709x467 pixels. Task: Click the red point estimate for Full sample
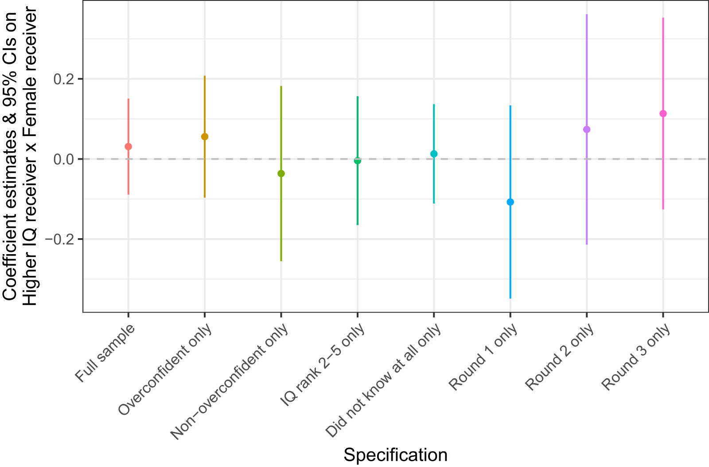tap(129, 146)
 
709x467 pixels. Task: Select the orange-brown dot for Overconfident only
tap(205, 137)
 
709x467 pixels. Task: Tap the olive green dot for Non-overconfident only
tap(281, 173)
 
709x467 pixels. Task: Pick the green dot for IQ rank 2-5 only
tap(358, 161)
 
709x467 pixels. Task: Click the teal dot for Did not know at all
tap(434, 154)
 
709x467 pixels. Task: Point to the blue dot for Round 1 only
tap(510, 202)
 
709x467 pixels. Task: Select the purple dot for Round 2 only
tap(587, 130)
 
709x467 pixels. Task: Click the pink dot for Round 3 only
tap(663, 114)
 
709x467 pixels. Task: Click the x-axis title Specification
tap(395, 455)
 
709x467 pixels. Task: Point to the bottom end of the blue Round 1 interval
tap(510, 298)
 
